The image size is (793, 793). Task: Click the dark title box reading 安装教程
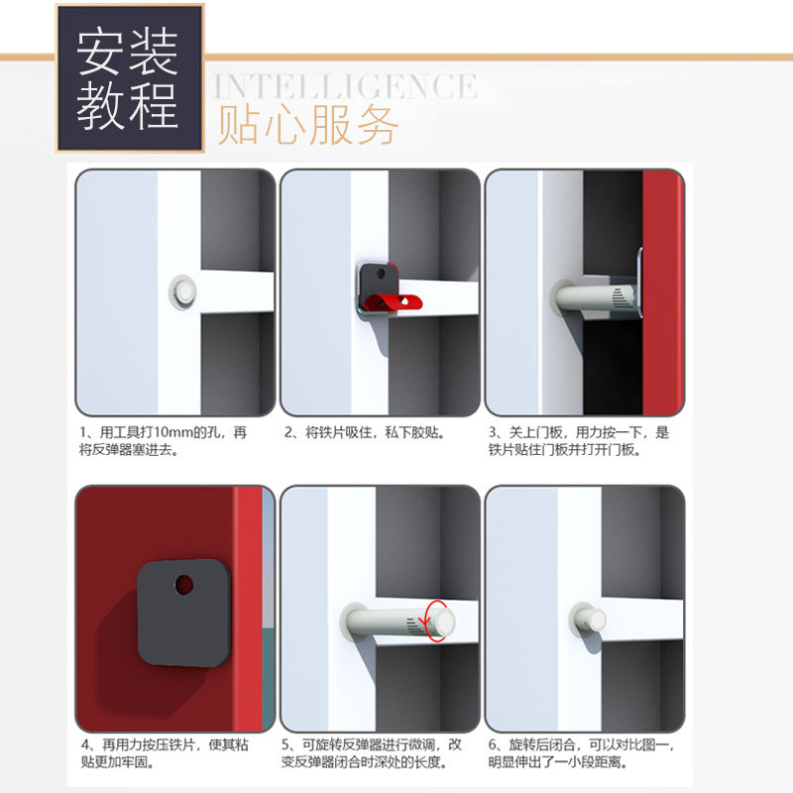(130, 78)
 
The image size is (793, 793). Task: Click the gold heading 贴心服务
(308, 125)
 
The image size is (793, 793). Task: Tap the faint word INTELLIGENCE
(345, 86)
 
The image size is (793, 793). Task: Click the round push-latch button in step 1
(182, 291)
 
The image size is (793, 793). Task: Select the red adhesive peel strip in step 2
(394, 302)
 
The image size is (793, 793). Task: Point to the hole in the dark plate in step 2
(382, 275)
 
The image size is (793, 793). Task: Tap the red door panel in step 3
(663, 292)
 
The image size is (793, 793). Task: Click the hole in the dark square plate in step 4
(184, 585)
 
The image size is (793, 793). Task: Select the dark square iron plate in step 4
(184, 613)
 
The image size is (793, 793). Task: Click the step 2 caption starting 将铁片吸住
(364, 432)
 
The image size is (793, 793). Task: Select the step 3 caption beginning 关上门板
(579, 441)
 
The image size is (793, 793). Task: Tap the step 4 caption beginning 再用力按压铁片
(165, 753)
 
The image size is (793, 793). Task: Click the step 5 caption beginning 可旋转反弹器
(372, 753)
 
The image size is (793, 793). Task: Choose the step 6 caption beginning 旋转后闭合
(581, 753)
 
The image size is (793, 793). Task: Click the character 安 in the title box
(101, 54)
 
